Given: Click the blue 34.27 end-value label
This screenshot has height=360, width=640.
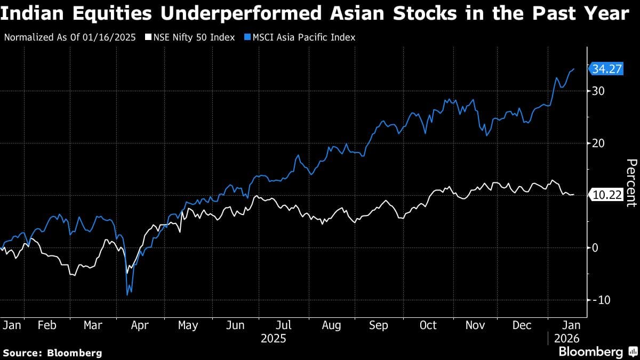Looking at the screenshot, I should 607,68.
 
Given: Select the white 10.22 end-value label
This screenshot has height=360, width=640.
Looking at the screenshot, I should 607,195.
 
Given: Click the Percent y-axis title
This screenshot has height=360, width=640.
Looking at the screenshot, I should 631,182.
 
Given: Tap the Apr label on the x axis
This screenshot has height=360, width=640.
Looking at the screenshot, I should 140,325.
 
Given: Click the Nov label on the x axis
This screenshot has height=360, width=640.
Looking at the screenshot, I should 475,325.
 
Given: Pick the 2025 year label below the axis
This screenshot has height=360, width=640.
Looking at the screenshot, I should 273,338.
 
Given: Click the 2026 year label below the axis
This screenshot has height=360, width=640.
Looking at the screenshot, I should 565,338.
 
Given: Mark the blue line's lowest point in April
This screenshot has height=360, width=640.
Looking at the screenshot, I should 127,294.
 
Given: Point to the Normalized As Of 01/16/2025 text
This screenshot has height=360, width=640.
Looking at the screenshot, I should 70,37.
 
